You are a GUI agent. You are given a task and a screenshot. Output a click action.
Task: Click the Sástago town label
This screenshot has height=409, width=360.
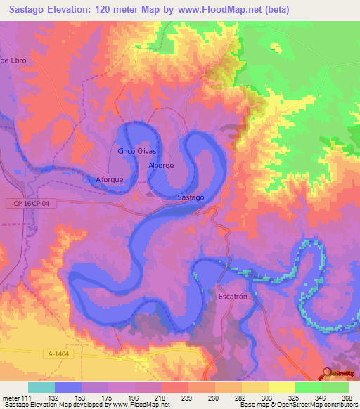click(x=191, y=197)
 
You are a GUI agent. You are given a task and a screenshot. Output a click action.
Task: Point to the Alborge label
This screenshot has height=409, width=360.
click(x=161, y=165)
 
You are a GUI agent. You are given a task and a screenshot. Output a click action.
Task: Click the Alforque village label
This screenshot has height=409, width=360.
click(x=109, y=180)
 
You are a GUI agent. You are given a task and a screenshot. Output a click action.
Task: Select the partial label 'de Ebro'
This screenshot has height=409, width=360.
click(x=13, y=60)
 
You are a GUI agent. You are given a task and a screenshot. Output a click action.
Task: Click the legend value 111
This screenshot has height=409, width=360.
click(x=26, y=397)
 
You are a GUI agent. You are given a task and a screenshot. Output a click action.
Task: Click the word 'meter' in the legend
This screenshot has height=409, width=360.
click(x=10, y=397)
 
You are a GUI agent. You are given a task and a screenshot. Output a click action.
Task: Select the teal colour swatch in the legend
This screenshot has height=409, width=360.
click(x=41, y=387)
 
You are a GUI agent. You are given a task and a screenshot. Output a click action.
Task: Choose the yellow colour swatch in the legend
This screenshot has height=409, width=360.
click(x=281, y=387)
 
